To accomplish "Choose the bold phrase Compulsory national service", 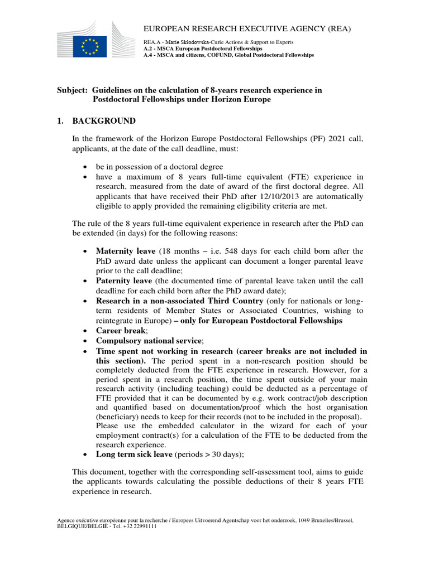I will click(149, 341).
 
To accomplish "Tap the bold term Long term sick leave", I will click(134, 454).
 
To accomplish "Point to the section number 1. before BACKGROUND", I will click(61, 121).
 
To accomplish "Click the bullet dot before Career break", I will click(85, 331).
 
